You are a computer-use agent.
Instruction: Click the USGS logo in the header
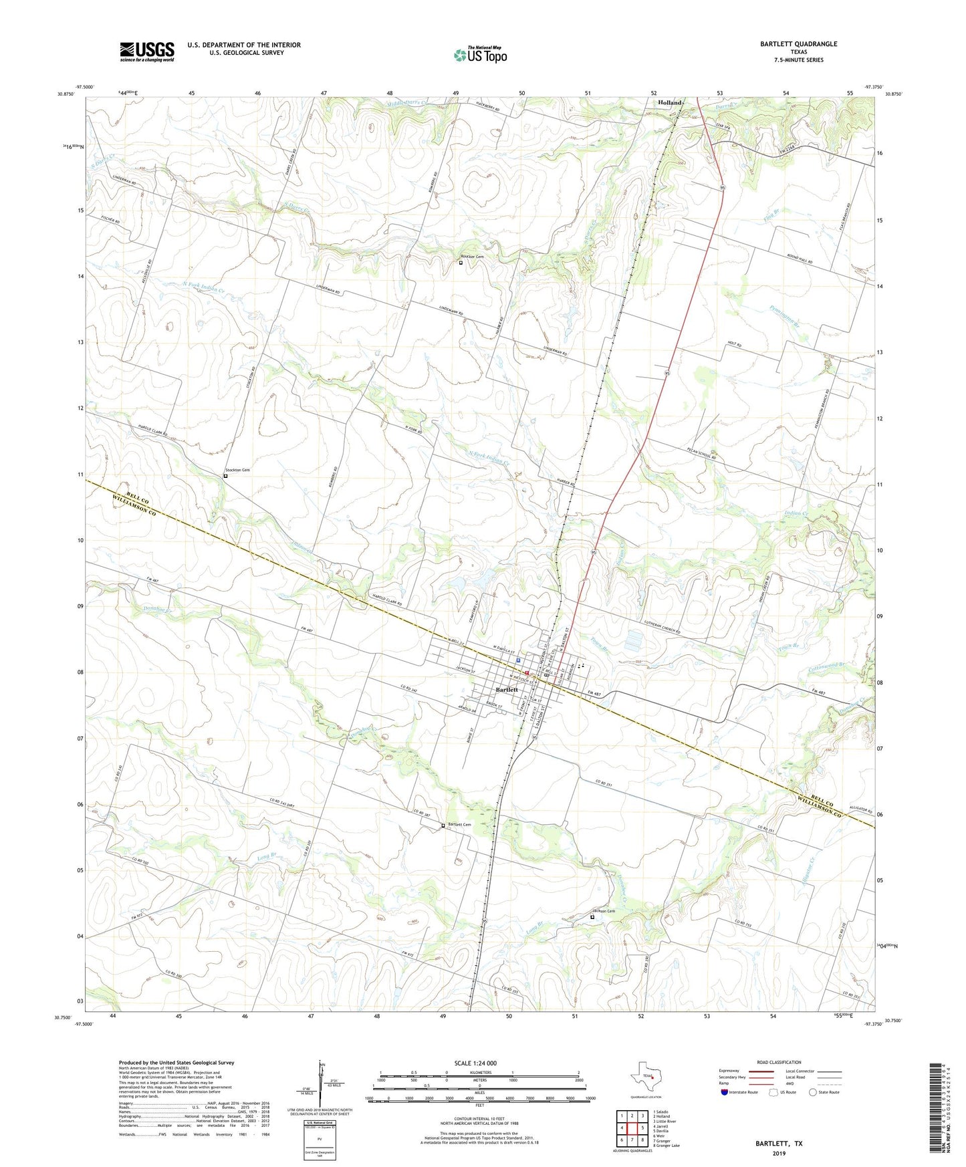coord(147,51)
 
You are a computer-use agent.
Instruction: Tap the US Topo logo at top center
coord(479,55)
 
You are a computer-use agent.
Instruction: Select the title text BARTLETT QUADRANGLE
coord(798,44)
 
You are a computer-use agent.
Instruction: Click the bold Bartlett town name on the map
coord(507,689)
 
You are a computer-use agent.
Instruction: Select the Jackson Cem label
coord(604,911)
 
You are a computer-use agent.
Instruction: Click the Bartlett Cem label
coord(459,825)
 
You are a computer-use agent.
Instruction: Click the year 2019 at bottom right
coord(779,1153)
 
